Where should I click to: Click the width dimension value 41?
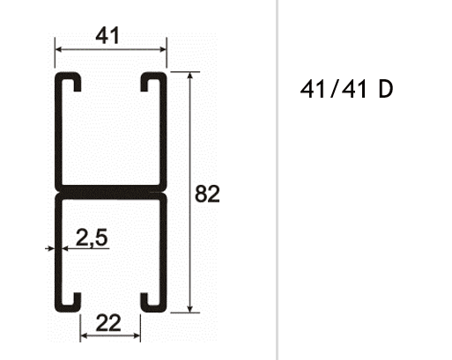107,35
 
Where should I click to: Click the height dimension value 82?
206,194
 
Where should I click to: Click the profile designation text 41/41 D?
346,91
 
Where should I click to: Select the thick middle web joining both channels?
109,191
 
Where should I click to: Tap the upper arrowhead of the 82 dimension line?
190,78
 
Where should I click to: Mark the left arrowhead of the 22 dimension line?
84,336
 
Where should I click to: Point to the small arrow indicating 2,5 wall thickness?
49,249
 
